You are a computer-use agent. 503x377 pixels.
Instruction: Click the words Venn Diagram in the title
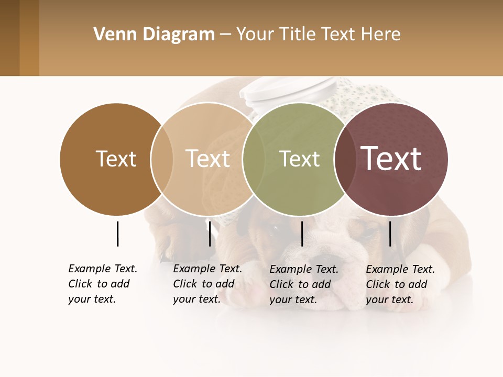coord(154,35)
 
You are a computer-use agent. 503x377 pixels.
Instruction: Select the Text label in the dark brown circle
coord(116,159)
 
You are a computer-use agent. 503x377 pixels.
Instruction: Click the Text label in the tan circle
coord(208,159)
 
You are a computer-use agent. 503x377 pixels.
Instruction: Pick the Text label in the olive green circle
coord(299,159)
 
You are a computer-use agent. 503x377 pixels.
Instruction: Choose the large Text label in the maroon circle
coord(391,158)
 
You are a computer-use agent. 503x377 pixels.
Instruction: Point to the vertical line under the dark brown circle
coord(117,234)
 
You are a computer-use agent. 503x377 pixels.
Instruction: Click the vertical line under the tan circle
coord(210,234)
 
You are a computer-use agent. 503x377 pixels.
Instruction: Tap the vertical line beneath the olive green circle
coord(302,234)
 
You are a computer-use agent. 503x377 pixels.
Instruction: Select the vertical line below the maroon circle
coord(390,234)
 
